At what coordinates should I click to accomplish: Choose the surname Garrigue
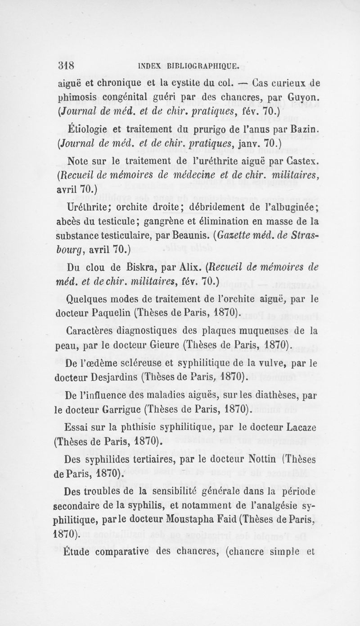pos(116,410)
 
